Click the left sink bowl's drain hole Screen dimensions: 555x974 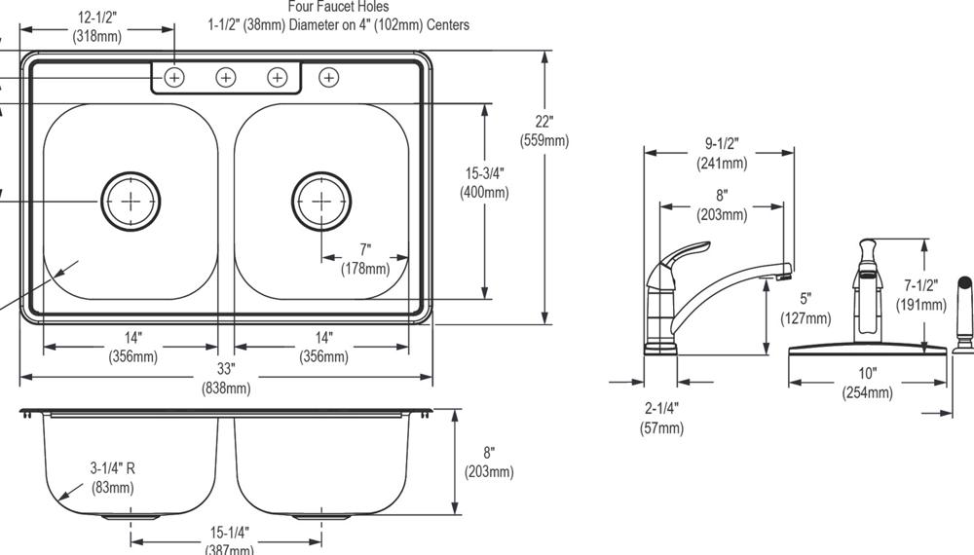(131, 201)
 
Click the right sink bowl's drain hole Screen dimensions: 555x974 (321, 201)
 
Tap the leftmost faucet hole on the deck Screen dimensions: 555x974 (174, 77)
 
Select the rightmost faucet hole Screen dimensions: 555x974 (329, 77)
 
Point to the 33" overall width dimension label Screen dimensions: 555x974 (226, 379)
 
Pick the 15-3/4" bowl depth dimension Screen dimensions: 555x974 (483, 182)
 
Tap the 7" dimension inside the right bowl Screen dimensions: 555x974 (364, 259)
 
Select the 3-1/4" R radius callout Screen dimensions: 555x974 (112, 477)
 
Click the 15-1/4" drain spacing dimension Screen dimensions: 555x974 (230, 541)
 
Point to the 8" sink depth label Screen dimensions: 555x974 (489, 462)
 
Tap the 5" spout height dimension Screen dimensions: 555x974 (805, 308)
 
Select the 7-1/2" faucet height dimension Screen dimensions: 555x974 (920, 295)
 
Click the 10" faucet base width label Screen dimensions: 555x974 (867, 382)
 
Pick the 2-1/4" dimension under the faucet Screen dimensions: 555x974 (661, 417)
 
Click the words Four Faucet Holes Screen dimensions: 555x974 (338, 7)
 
